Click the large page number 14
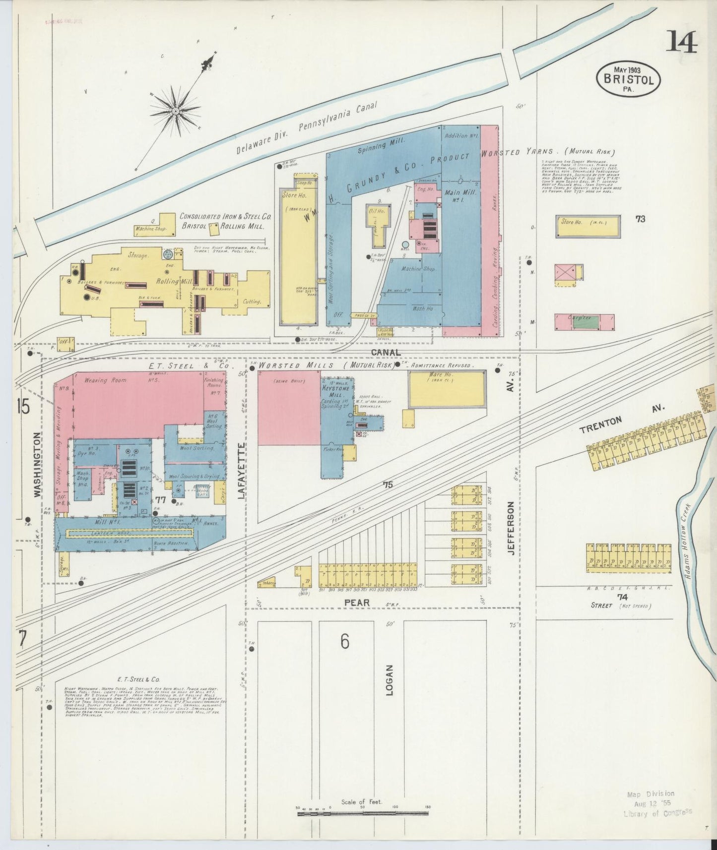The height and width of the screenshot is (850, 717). click(x=681, y=42)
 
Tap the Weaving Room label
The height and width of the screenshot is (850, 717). click(x=105, y=380)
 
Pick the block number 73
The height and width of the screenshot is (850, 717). click(x=640, y=218)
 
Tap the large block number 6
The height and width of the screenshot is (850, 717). click(x=345, y=641)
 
